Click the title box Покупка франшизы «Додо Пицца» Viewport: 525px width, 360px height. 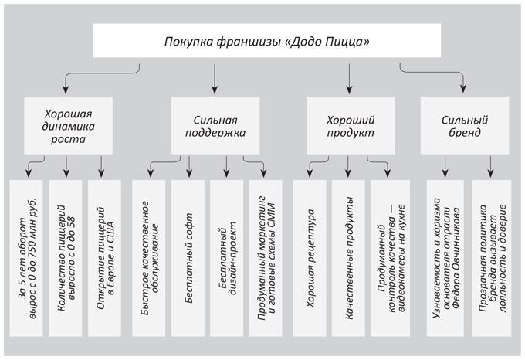pyautogui.click(x=266, y=41)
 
